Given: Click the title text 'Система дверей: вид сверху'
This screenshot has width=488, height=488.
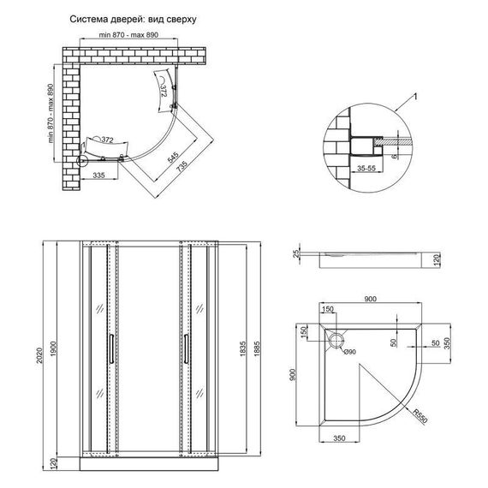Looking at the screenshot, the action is (133, 20).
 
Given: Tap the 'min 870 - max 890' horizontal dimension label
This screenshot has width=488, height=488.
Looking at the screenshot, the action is (128, 35).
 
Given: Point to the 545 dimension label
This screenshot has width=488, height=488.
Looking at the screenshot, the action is (173, 158).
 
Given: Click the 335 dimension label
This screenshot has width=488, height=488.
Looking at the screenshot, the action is (99, 176).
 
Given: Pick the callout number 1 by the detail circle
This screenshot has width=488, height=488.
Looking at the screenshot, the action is (414, 97).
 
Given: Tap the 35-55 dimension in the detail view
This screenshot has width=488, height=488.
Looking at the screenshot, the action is (366, 169).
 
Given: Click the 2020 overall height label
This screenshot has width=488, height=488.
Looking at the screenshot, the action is (39, 355).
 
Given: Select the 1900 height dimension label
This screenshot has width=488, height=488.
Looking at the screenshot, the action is (53, 349).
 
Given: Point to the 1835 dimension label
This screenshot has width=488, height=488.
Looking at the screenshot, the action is (243, 349).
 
